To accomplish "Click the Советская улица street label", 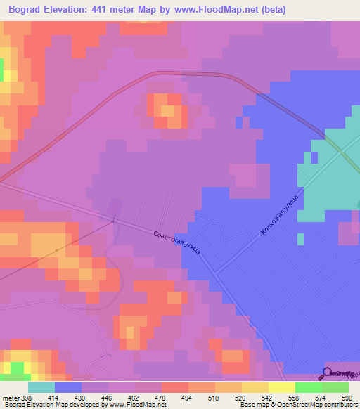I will point(178,243).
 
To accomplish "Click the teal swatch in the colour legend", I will point(41,387).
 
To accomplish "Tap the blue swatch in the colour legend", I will point(68,387).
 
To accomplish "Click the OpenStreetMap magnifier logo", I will point(328,373).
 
